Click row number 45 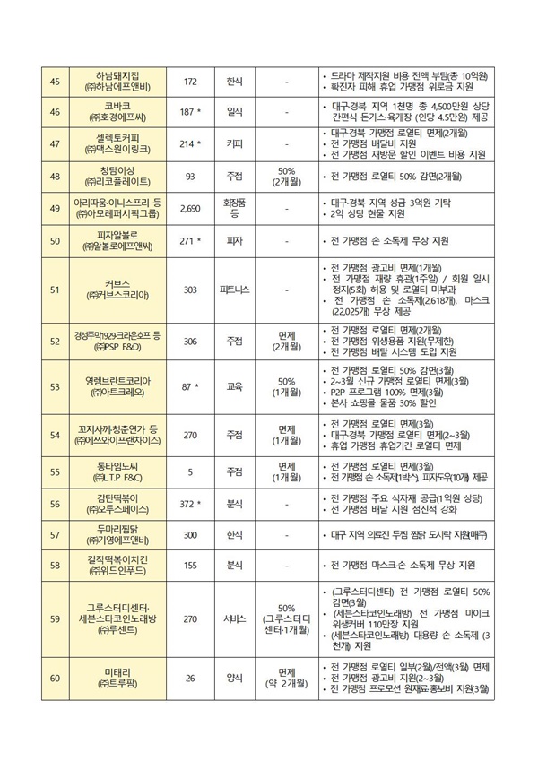(x=54, y=82)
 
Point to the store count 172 (x=190, y=82)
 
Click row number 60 (x=54, y=678)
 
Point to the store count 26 (x=190, y=678)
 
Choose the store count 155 (x=190, y=566)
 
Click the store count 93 (x=190, y=176)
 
